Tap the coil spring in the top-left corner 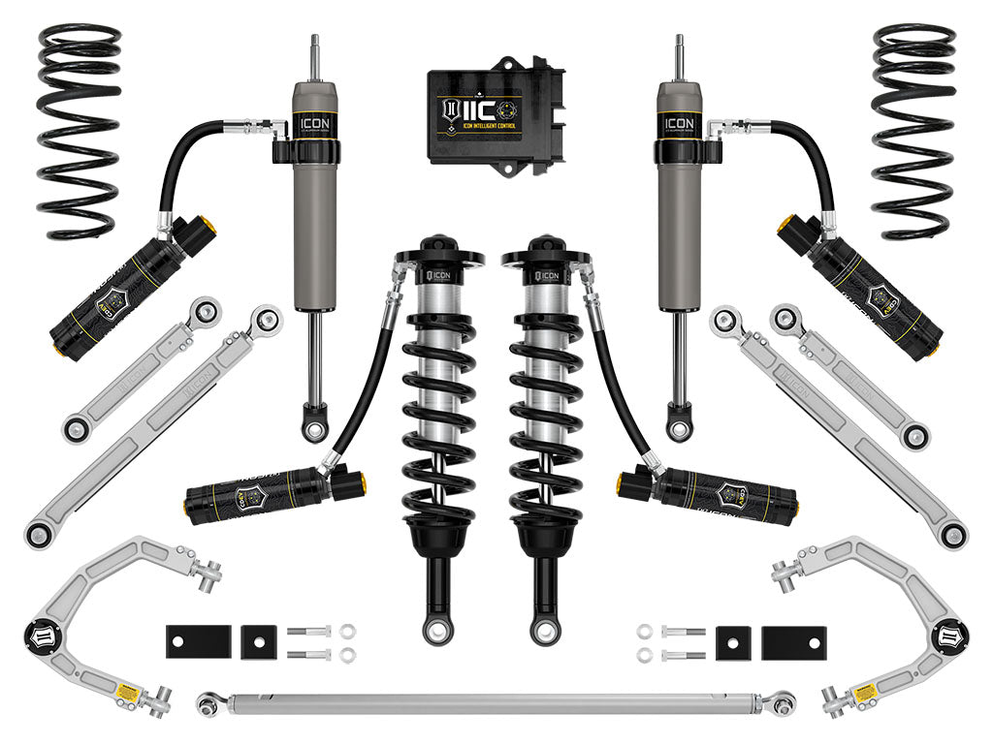(x=80, y=131)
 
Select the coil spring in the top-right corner (x=913, y=131)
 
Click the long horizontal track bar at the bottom (x=495, y=700)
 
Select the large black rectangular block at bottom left (x=198, y=640)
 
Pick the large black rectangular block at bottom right (x=793, y=640)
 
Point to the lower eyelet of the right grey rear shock (x=680, y=426)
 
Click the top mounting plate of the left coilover (x=438, y=257)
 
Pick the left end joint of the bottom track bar (x=208, y=703)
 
